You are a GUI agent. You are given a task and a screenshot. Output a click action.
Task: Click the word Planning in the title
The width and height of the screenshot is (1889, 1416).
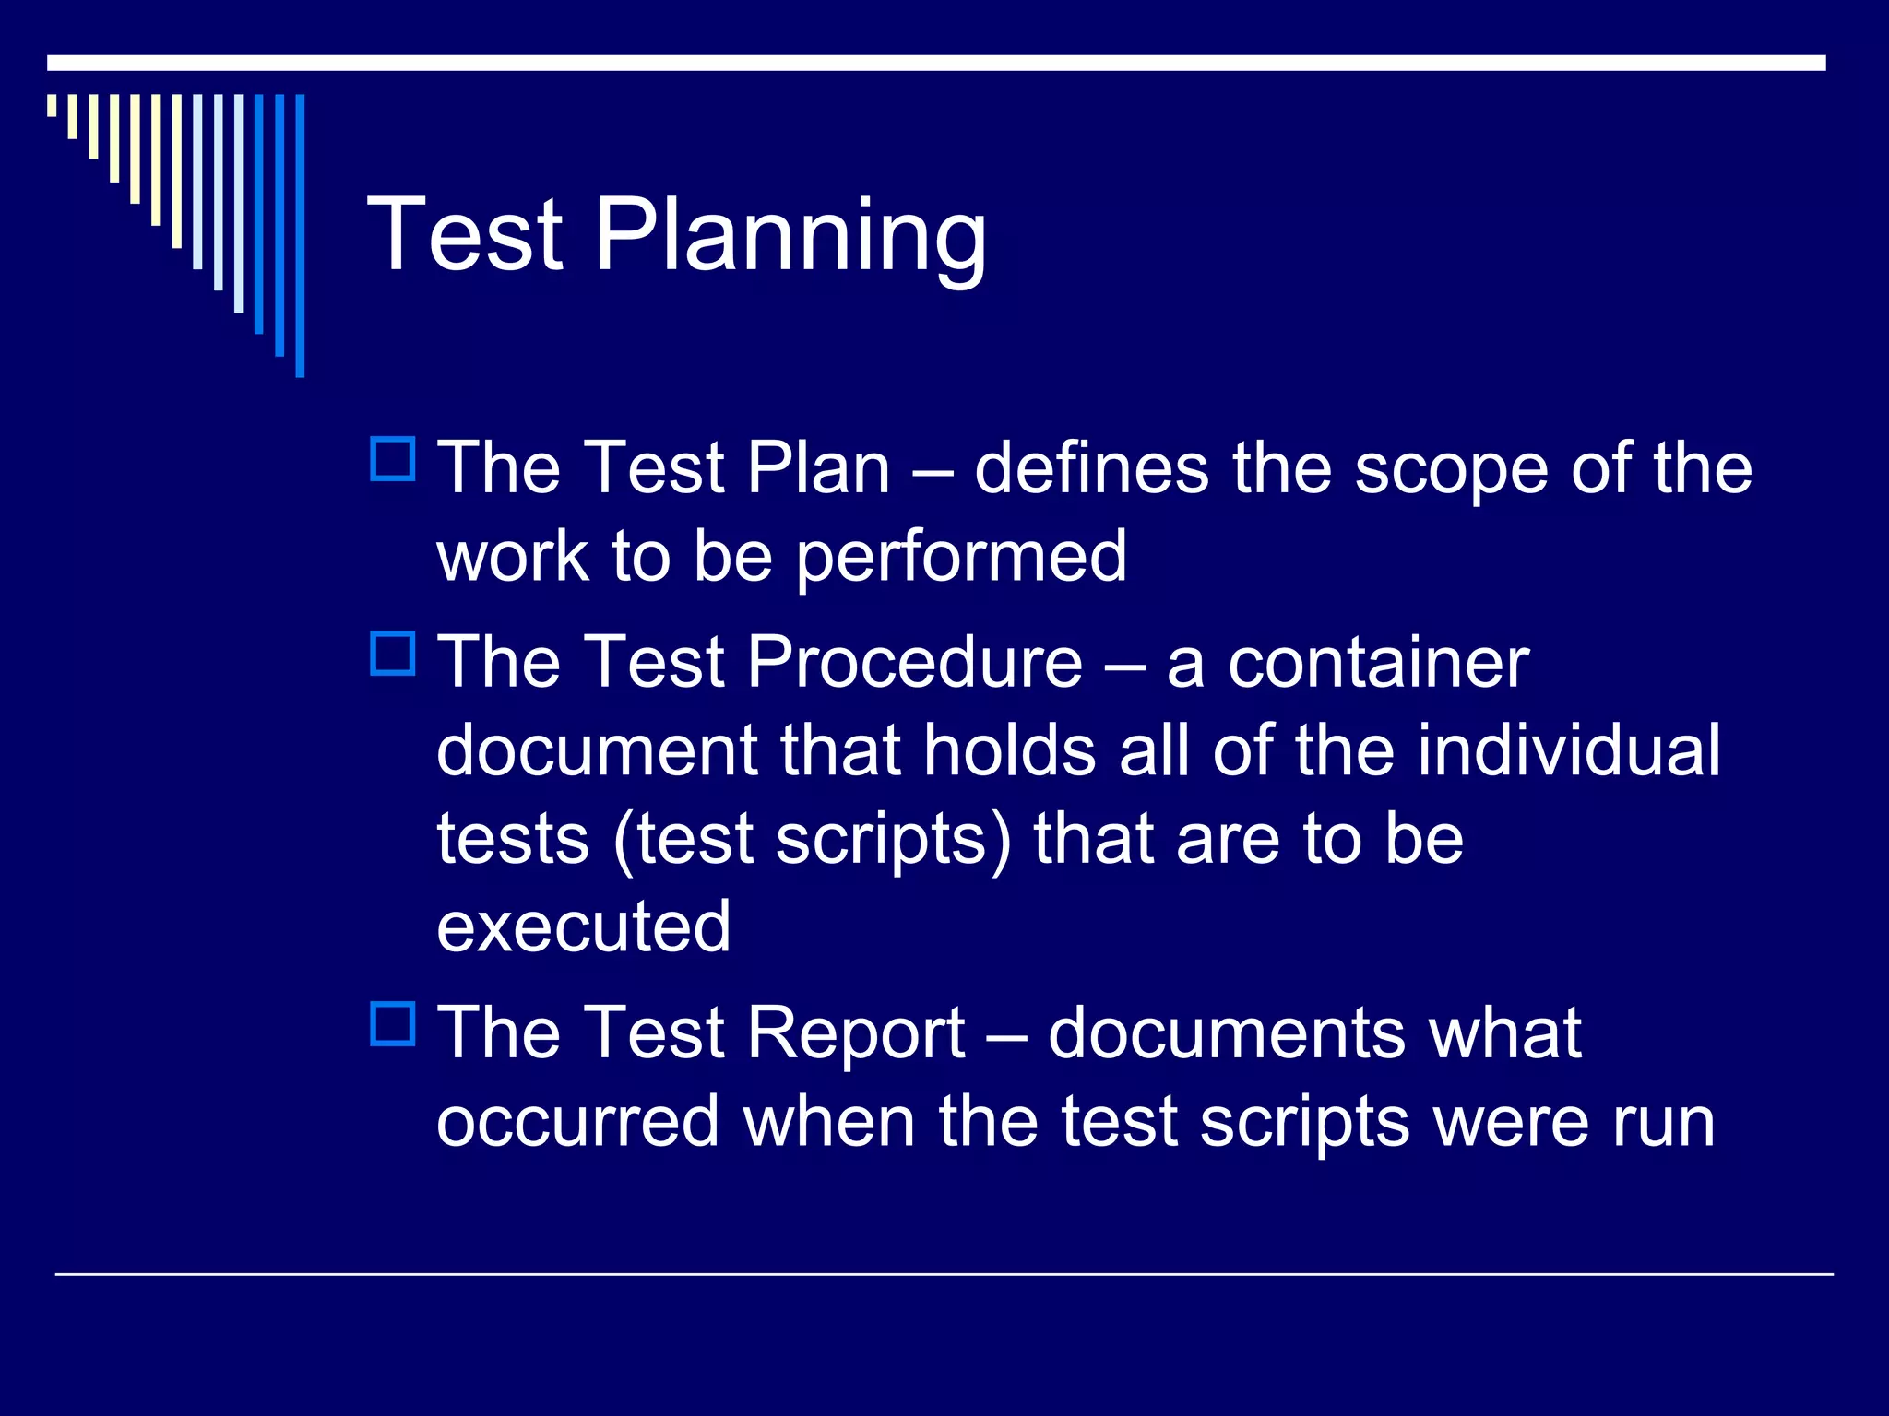790,236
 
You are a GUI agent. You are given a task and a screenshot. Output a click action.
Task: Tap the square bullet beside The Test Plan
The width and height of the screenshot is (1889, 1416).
393,459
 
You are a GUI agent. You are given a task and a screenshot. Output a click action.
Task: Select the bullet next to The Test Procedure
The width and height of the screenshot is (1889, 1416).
393,654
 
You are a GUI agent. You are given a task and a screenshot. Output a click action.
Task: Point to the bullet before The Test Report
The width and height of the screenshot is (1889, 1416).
393,1023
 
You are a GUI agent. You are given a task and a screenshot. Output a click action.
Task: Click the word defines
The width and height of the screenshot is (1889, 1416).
1091,468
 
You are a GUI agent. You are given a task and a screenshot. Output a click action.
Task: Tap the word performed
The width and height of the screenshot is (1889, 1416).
960,558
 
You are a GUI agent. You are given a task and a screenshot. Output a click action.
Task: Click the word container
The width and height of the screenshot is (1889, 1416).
1378,662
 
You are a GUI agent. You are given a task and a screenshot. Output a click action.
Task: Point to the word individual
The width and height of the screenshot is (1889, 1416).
1568,750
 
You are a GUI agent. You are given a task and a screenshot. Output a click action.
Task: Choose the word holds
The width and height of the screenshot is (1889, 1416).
1009,750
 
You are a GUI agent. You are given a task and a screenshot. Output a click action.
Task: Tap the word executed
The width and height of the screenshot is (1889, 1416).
583,926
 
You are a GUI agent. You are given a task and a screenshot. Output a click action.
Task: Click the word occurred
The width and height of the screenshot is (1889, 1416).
577,1122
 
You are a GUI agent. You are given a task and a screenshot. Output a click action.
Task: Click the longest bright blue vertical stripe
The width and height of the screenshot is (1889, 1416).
300,235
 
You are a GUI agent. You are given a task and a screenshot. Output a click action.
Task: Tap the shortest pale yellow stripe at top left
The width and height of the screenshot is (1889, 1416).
52,105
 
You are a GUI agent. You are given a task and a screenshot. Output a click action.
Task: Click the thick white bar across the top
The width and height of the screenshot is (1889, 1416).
936,63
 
